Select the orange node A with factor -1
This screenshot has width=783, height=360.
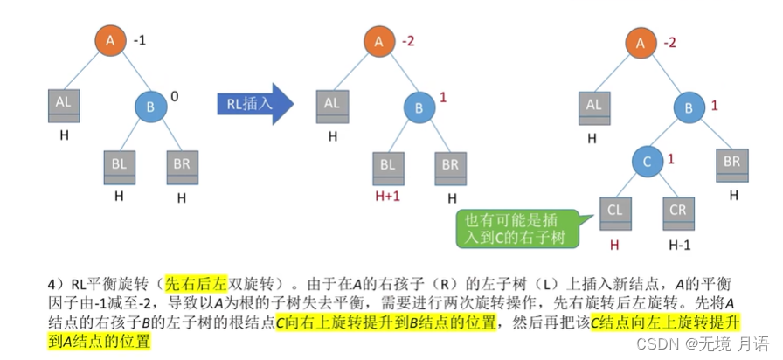pos(109,41)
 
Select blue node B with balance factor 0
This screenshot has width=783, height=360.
pos(151,107)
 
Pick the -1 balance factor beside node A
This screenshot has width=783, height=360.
pos(140,40)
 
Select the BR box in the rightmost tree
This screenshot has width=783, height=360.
pos(731,164)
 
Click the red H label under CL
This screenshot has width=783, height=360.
pos(614,246)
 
